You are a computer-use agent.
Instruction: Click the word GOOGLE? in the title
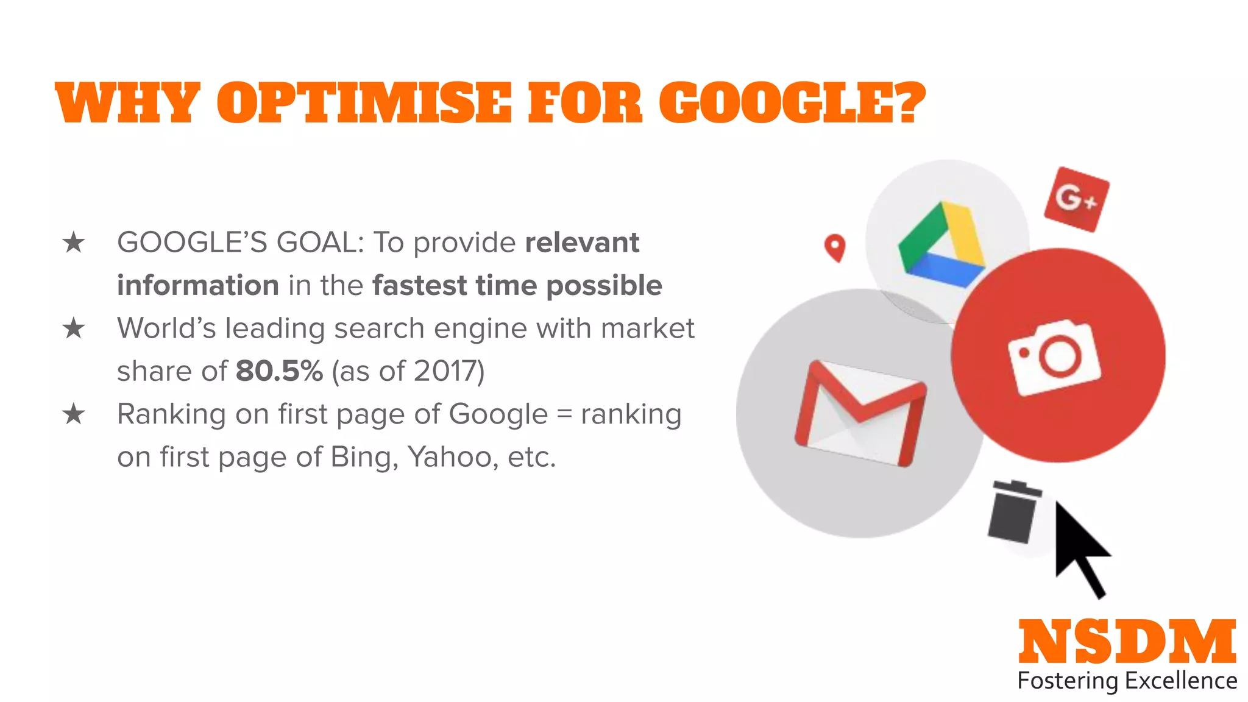(x=792, y=102)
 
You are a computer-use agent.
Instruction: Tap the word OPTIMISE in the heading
(x=364, y=102)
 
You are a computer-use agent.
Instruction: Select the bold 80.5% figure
(x=279, y=371)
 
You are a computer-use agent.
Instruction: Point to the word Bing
(x=363, y=457)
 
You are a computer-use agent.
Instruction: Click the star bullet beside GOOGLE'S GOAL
(x=74, y=243)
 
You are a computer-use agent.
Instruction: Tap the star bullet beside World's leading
(x=74, y=328)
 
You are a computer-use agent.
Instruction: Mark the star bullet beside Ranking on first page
(x=74, y=414)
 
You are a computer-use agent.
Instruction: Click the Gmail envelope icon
(x=860, y=413)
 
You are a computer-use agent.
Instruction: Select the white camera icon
(x=1055, y=357)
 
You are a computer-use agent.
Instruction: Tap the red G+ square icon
(x=1076, y=199)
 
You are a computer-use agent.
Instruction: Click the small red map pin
(x=835, y=247)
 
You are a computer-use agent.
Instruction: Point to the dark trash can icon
(x=1013, y=512)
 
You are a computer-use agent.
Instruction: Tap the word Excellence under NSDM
(x=1181, y=681)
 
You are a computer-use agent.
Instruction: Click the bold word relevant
(x=582, y=243)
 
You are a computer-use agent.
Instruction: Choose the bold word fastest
(x=419, y=286)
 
